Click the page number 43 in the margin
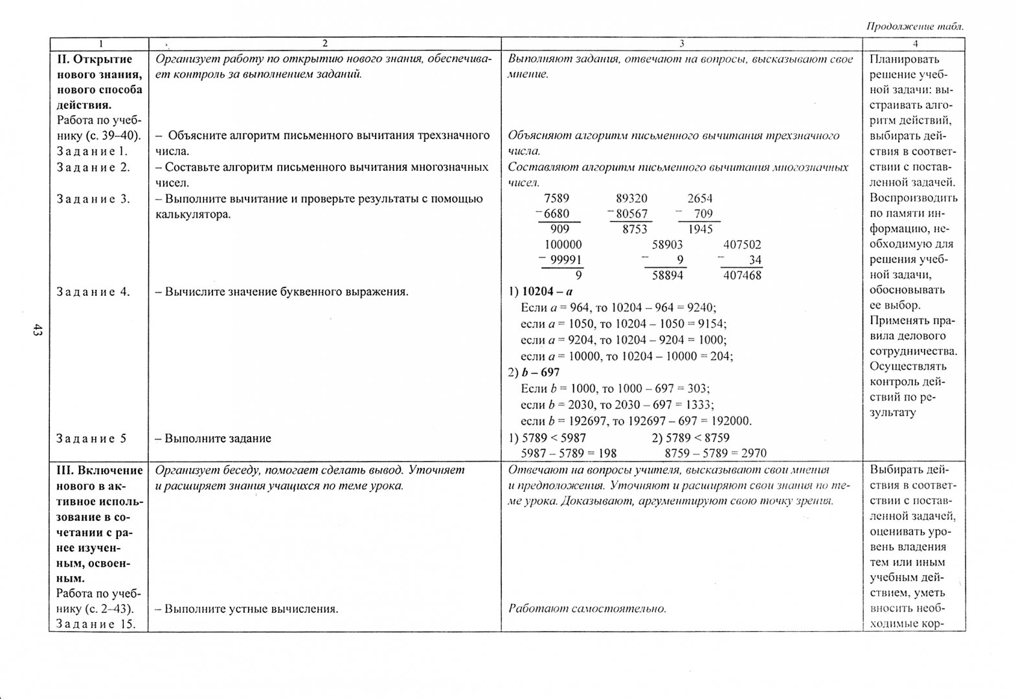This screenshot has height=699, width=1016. (x=37, y=331)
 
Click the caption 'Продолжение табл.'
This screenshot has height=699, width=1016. (x=914, y=27)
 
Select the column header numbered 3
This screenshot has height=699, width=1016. (x=681, y=44)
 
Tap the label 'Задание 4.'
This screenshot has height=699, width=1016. (x=93, y=292)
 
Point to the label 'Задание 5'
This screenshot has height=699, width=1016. (x=91, y=439)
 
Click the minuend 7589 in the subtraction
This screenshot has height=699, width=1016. (x=557, y=199)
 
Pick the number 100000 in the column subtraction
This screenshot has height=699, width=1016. (x=563, y=245)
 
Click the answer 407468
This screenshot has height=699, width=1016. (x=742, y=276)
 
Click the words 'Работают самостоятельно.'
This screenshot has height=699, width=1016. (x=587, y=608)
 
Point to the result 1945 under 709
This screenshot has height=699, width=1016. (x=700, y=229)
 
